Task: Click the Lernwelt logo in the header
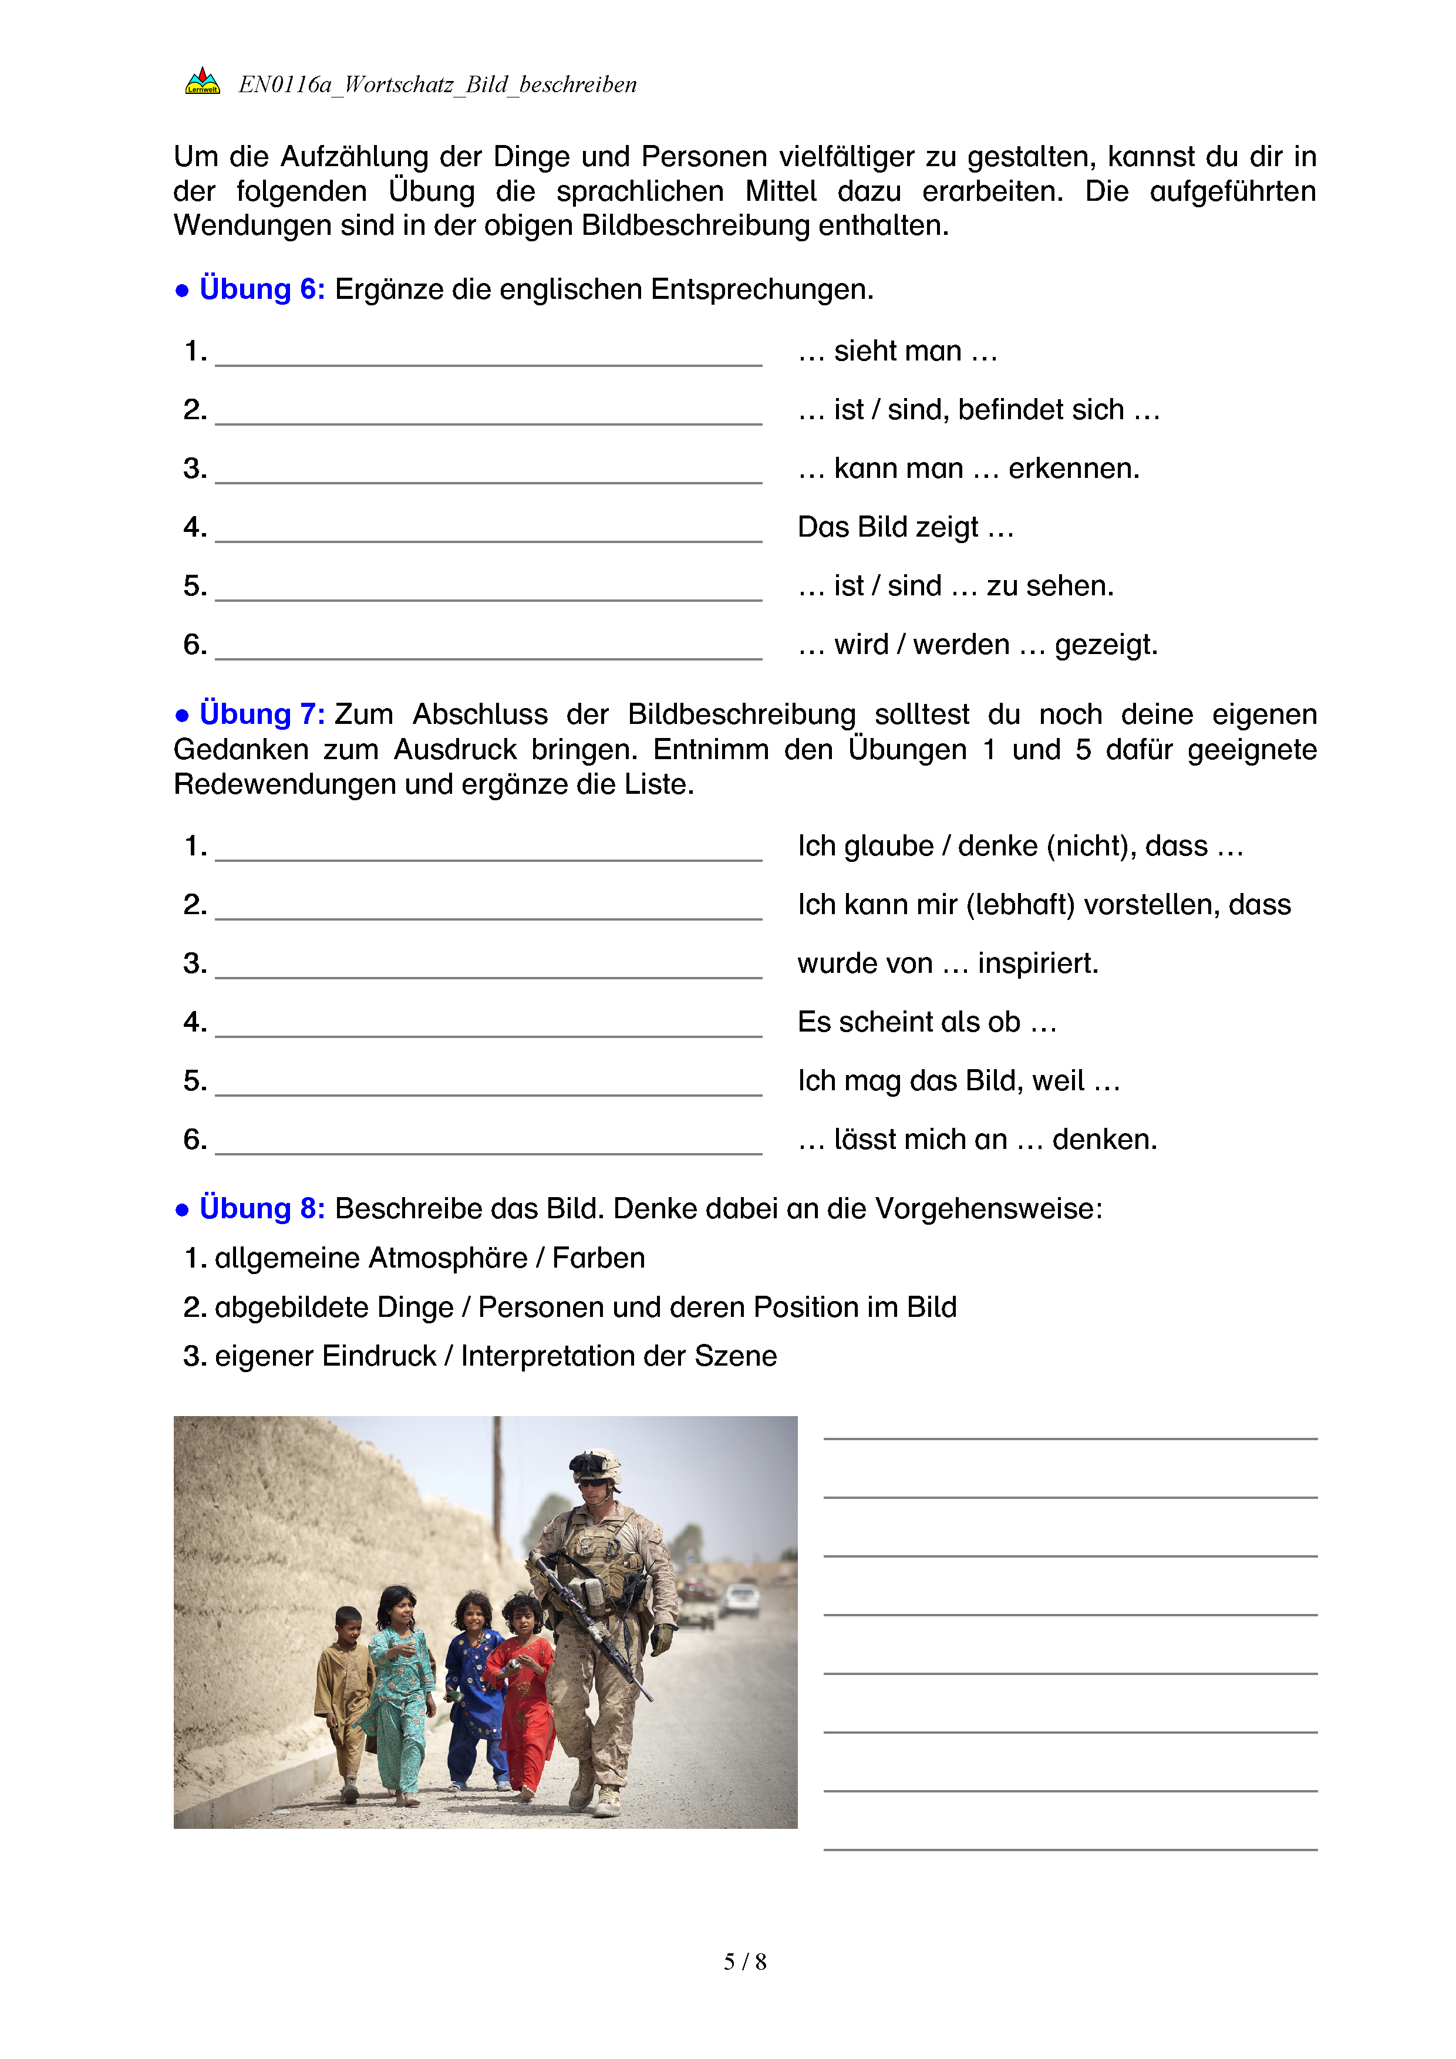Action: (x=203, y=82)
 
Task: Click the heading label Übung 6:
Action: (x=262, y=289)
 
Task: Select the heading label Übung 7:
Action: (x=262, y=714)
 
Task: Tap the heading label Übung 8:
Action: (x=262, y=1208)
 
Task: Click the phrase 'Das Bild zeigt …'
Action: (x=905, y=527)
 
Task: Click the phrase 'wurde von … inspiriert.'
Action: (x=948, y=963)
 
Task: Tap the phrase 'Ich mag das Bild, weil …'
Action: (x=958, y=1081)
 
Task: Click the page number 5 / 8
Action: (x=745, y=1962)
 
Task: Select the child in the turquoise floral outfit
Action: (x=400, y=1686)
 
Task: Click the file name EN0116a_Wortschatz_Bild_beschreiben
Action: (x=437, y=85)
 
